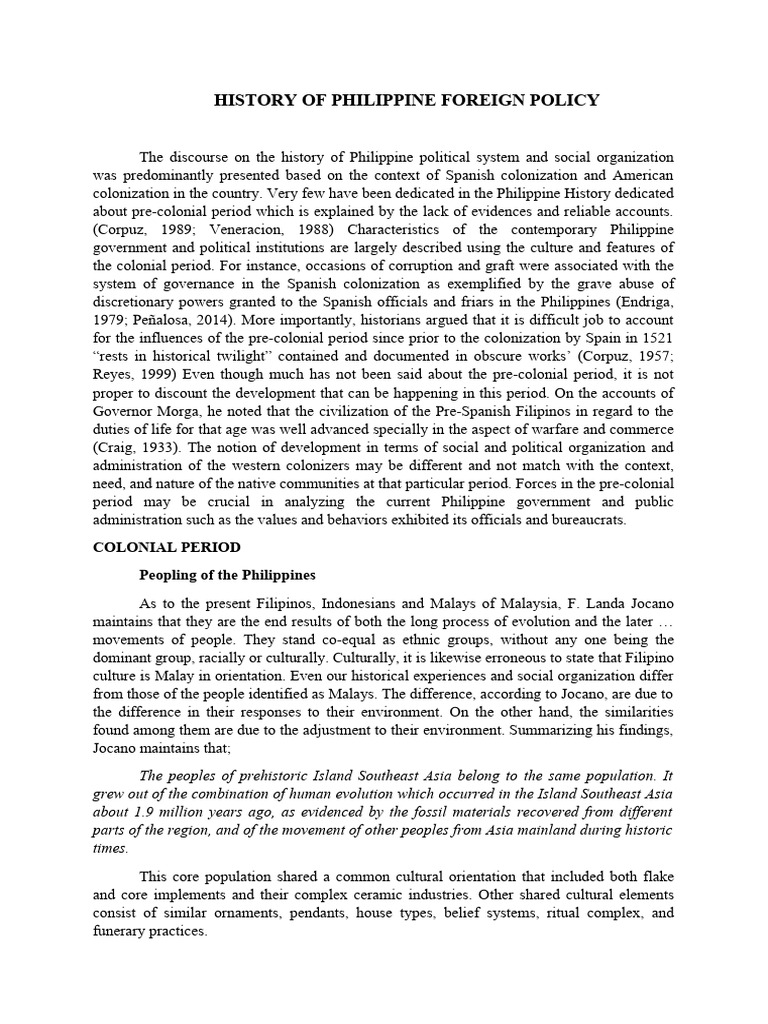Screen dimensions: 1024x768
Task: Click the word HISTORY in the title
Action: pos(253,100)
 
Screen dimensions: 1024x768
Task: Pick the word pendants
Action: pos(278,912)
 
